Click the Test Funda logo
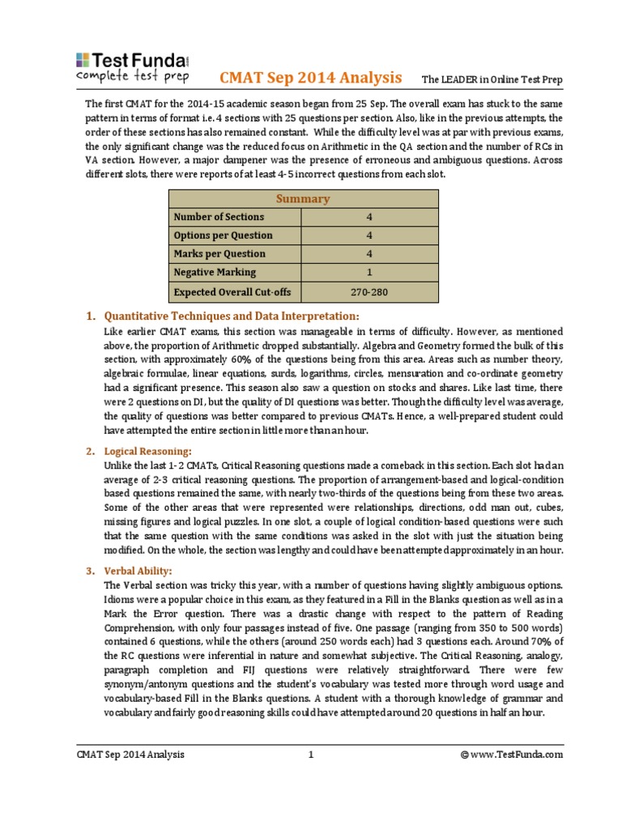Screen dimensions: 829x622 tap(133, 68)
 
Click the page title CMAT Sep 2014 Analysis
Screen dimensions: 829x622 tap(311, 78)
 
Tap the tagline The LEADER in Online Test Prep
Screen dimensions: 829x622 tap(492, 80)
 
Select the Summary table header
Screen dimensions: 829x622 tap(303, 198)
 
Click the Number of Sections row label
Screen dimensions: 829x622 tap(218, 216)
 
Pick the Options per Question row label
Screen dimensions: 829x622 tap(223, 236)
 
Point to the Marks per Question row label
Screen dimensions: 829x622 tap(219, 254)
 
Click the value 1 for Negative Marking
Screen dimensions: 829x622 tap(369, 273)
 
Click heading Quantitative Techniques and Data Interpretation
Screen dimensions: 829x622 tap(232, 316)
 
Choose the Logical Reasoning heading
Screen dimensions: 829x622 tap(148, 449)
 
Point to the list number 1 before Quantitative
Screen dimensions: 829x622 tap(90, 316)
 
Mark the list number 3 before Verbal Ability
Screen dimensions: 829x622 tap(90, 571)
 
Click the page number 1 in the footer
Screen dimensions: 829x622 tap(310, 755)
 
